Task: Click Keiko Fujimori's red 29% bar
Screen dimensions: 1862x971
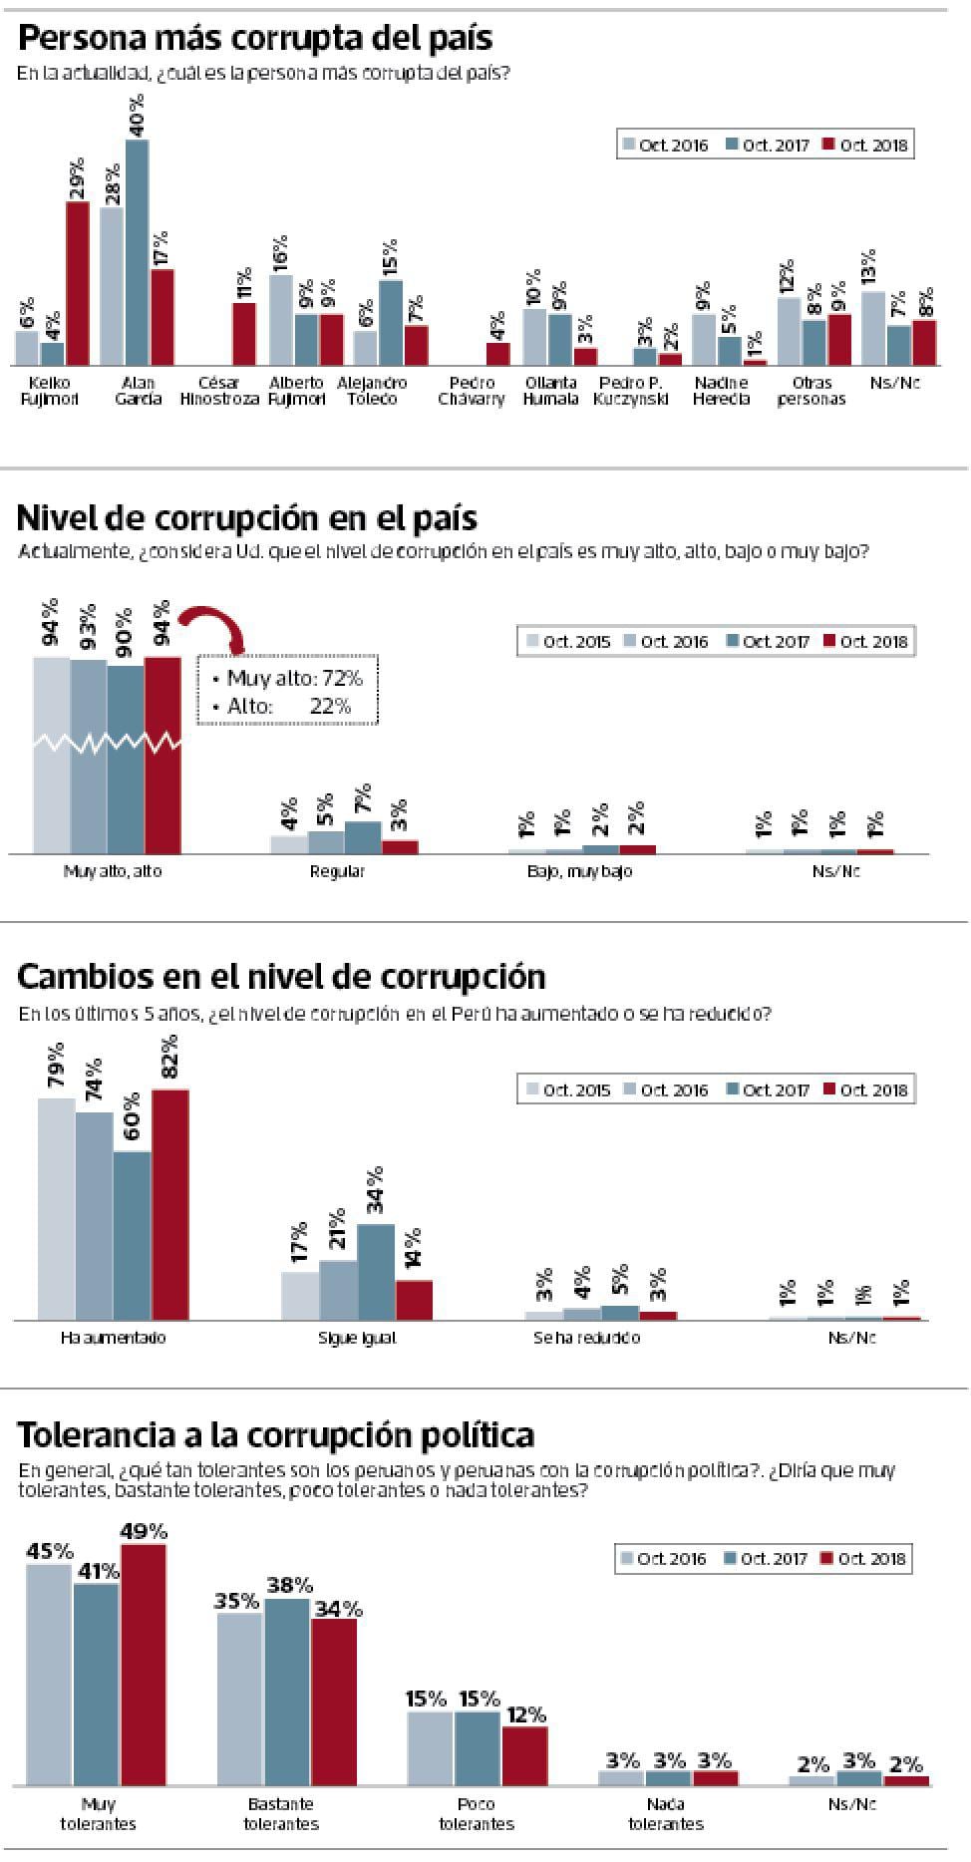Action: coord(78,283)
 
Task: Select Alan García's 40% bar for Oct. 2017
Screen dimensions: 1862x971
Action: coord(138,252)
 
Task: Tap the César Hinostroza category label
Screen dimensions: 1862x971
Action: coord(219,391)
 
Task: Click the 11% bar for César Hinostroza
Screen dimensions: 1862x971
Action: coord(243,334)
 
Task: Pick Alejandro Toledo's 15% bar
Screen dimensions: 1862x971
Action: coord(391,323)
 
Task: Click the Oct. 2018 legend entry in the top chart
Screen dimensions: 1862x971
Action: coord(864,145)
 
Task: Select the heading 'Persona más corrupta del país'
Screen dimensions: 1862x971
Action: coord(255,38)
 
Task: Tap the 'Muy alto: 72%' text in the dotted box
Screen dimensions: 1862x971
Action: coord(287,678)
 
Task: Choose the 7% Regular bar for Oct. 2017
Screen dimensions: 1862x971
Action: coord(363,837)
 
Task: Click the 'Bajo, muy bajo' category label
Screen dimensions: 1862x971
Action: coord(580,871)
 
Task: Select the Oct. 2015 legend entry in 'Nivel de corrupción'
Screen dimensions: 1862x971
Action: coord(566,641)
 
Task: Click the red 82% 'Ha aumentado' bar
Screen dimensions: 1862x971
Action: coord(169,1204)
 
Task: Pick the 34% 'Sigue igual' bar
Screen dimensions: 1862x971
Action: coord(376,1271)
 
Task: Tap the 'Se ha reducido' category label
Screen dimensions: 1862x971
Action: coord(586,1338)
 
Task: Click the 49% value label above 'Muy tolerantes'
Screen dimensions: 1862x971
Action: coord(144,1531)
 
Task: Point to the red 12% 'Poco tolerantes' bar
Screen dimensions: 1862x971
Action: coord(524,1754)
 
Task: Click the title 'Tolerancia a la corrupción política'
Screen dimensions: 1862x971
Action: coord(276,1434)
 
